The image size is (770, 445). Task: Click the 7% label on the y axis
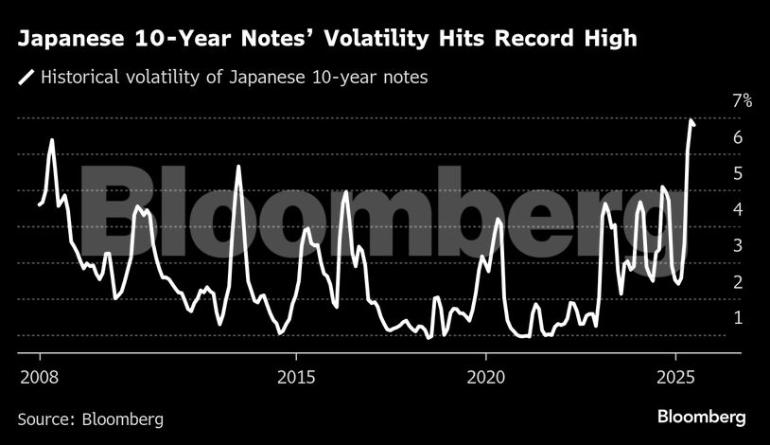741,102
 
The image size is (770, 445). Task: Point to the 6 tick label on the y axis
737,138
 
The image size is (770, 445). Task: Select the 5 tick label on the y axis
737,174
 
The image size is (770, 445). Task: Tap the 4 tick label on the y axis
737,210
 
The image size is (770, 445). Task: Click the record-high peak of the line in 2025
691,121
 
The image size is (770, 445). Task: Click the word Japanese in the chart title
69,40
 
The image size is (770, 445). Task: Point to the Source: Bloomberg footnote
91,418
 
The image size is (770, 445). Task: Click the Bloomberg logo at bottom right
702,417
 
